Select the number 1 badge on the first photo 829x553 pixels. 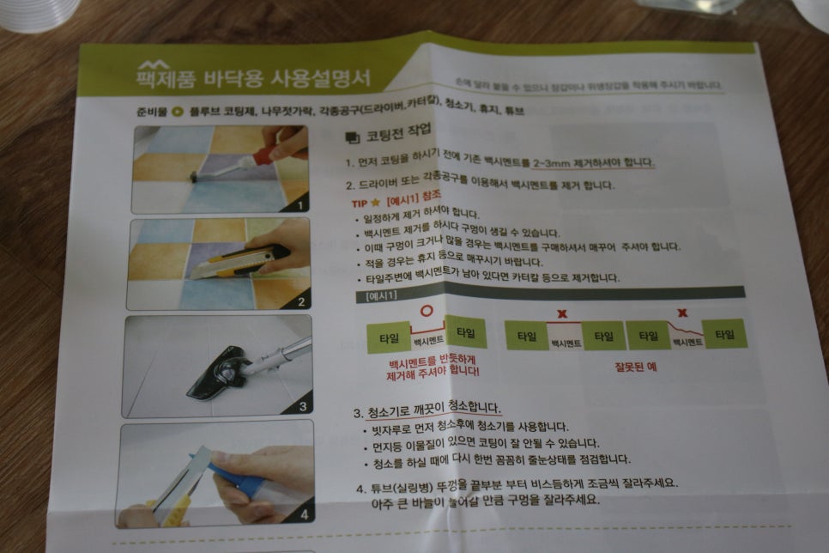point(298,206)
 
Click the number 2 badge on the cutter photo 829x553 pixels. point(300,301)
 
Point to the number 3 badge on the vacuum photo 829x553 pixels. point(302,407)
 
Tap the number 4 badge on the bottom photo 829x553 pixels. point(302,516)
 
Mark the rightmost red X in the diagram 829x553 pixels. point(682,313)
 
